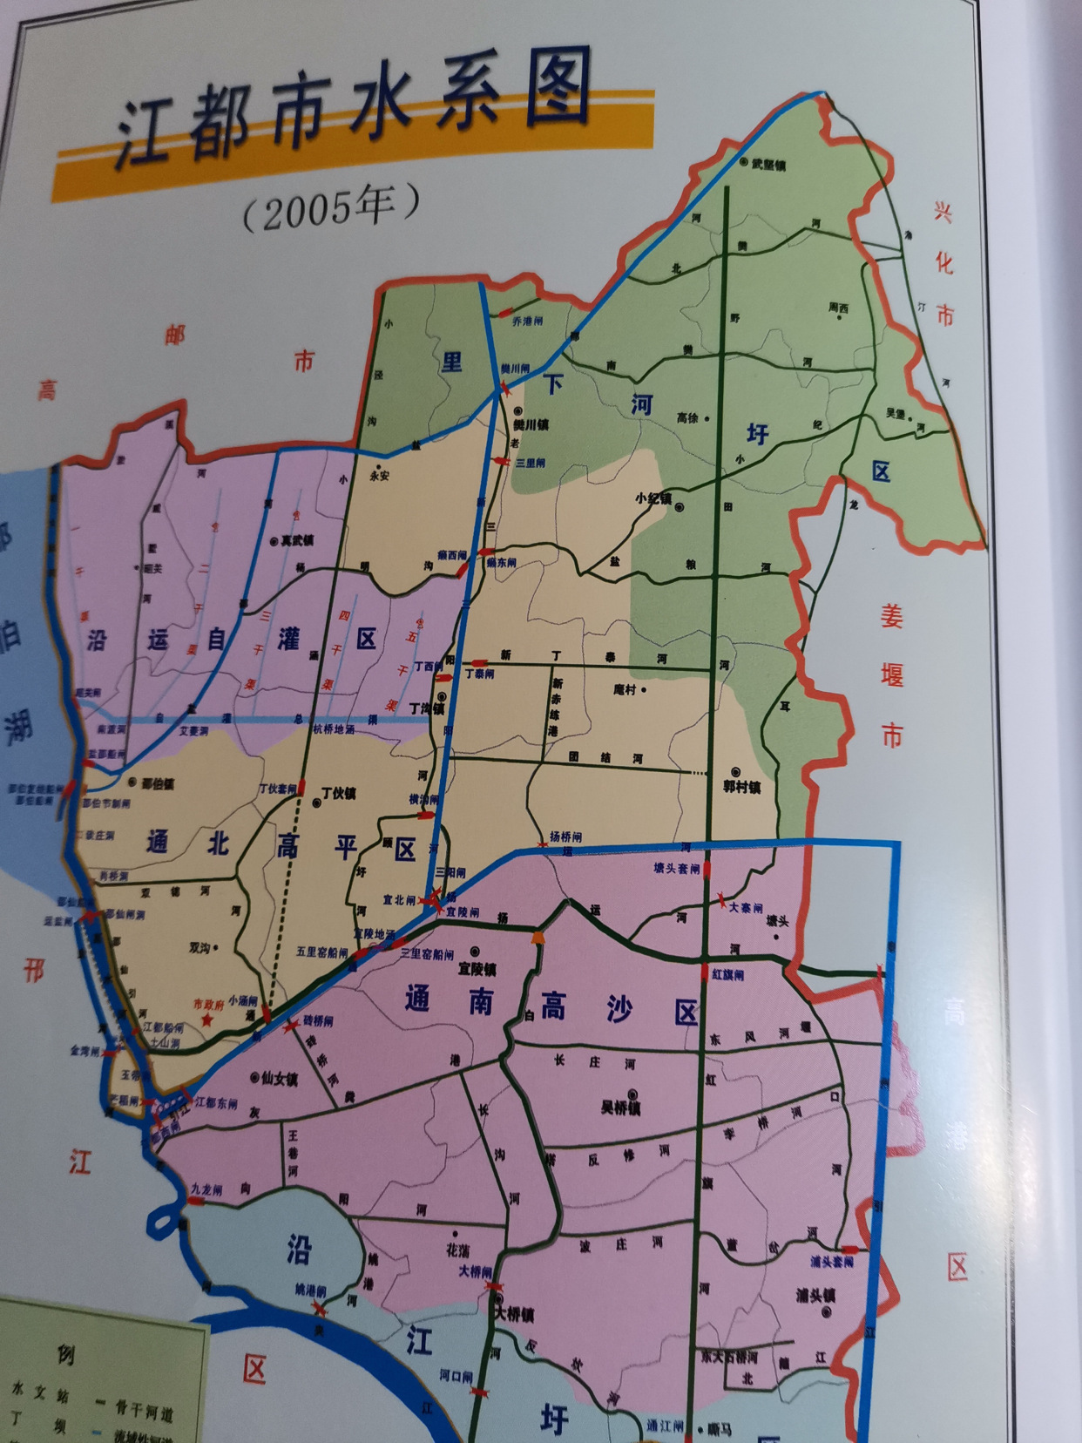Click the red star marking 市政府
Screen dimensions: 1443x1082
pyautogui.click(x=206, y=1020)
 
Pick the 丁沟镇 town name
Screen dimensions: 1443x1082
pyautogui.click(x=426, y=708)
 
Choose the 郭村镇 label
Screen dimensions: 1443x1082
pyautogui.click(x=741, y=786)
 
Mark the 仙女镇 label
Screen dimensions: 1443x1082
pyautogui.click(x=279, y=1079)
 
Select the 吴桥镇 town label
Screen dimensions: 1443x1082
pyautogui.click(x=620, y=1108)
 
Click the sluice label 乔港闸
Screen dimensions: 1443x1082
pyautogui.click(x=527, y=322)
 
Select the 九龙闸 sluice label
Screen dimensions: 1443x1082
pyautogui.click(x=207, y=1189)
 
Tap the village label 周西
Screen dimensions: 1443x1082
pyautogui.click(x=838, y=308)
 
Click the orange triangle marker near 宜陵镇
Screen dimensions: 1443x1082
pyautogui.click(x=538, y=938)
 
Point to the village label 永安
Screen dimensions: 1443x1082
pyautogui.click(x=380, y=476)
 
